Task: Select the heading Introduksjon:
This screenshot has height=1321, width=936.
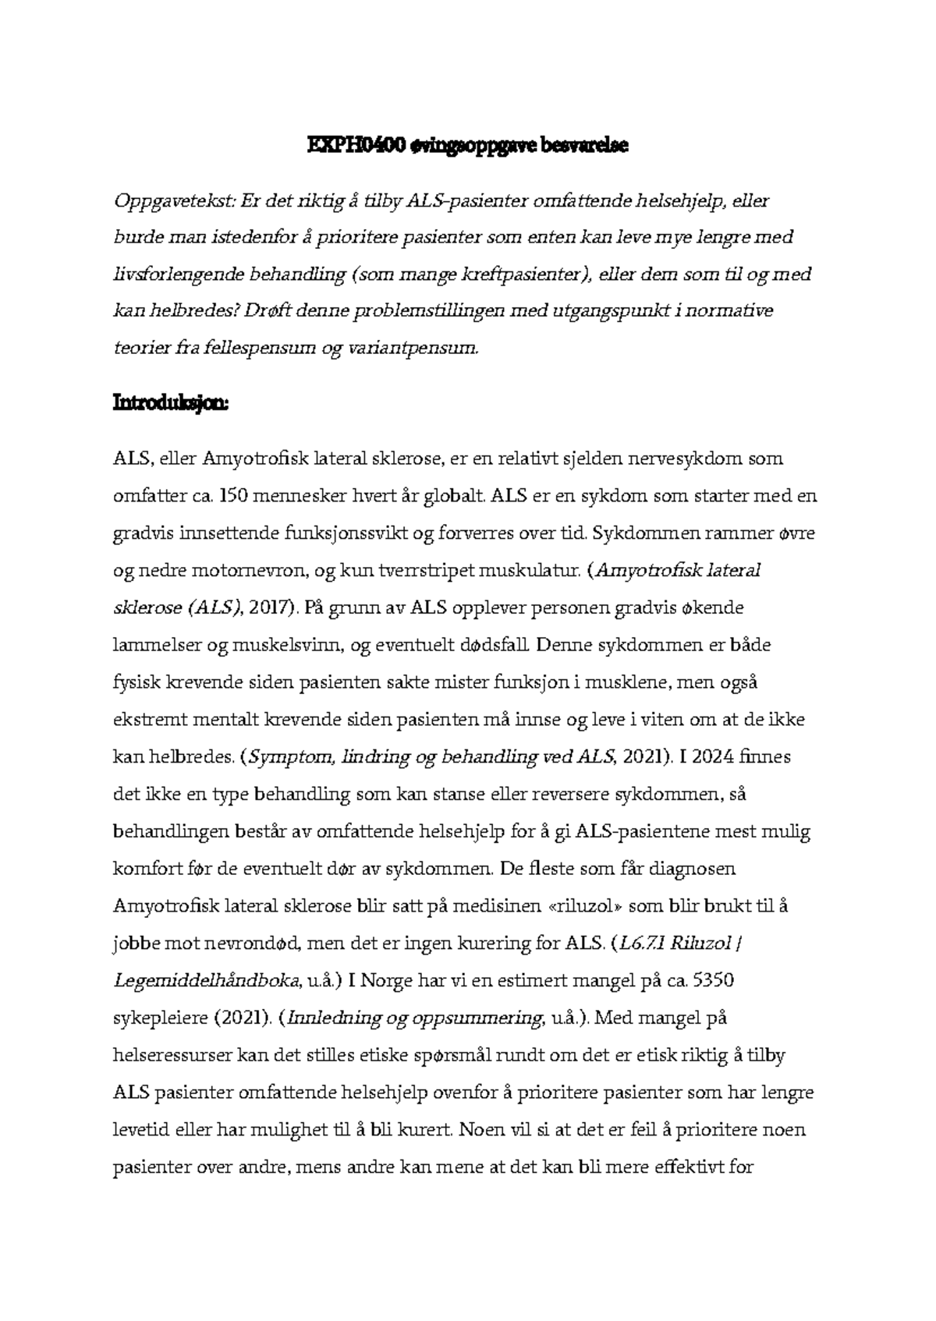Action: (172, 404)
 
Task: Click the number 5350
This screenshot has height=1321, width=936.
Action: (712, 981)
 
